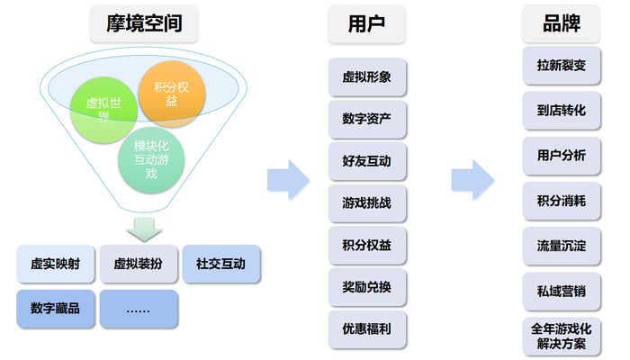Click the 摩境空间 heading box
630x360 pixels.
[145, 24]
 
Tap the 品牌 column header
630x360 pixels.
[561, 24]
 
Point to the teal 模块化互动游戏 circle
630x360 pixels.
[150, 159]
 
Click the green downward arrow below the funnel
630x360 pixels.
[144, 226]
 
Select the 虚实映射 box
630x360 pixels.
[55, 265]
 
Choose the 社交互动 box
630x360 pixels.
[220, 265]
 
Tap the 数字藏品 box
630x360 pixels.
[55, 309]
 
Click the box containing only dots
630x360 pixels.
[139, 309]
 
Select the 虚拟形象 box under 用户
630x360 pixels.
[366, 77]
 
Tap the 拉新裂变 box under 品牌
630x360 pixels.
[561, 66]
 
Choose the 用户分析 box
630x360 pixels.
[561, 156]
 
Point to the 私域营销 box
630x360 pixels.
[561, 291]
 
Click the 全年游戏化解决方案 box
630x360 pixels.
[561, 335]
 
